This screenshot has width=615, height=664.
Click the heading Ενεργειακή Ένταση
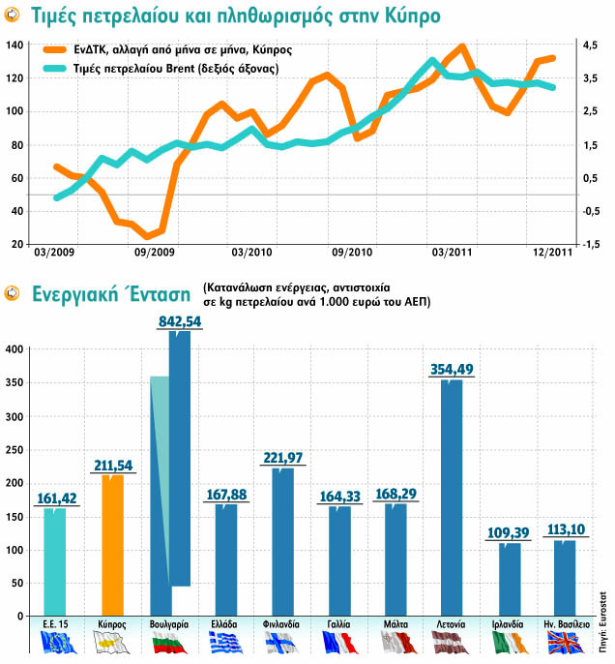[x=109, y=293]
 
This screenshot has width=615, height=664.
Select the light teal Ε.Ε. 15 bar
[x=55, y=561]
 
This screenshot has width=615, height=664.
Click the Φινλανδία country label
[x=281, y=625]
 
